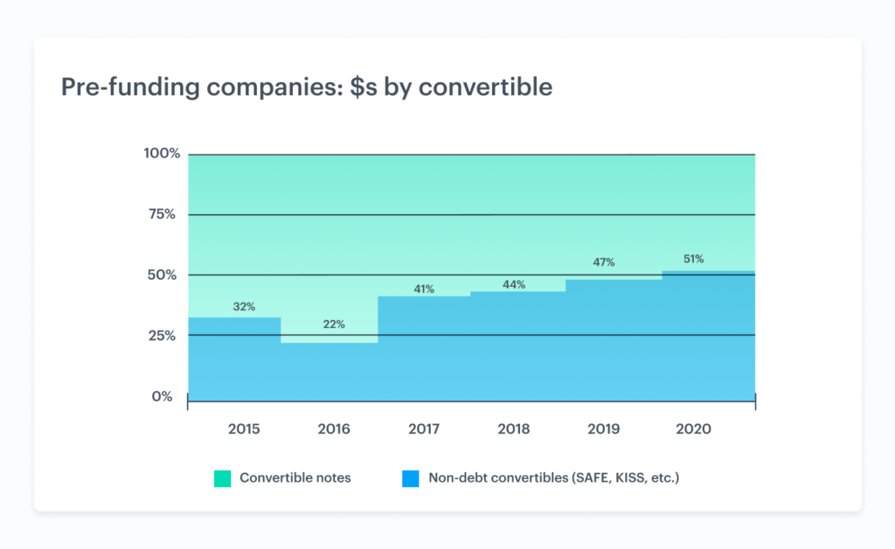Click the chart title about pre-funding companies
point(306,87)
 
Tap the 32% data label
point(244,307)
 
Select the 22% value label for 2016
point(334,324)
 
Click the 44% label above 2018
point(514,284)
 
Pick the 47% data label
point(604,262)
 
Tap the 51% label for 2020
point(694,259)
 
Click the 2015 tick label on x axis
point(244,429)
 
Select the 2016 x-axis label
point(334,429)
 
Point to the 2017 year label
point(424,429)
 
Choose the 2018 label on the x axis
point(514,429)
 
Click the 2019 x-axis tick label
point(604,429)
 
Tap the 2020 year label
point(694,429)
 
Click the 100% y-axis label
point(162,154)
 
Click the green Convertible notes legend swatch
point(222,478)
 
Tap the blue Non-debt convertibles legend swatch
point(410,478)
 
